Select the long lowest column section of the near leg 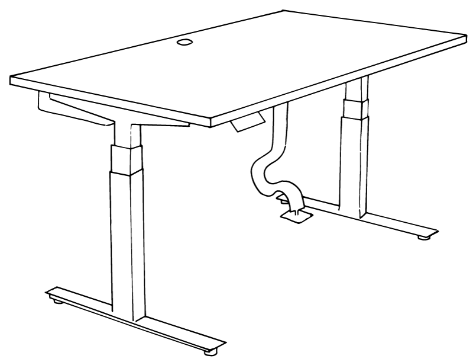click(127, 237)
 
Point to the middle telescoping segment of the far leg click(353, 110)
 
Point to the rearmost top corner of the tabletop click(283, 11)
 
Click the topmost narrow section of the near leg click(126, 133)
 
